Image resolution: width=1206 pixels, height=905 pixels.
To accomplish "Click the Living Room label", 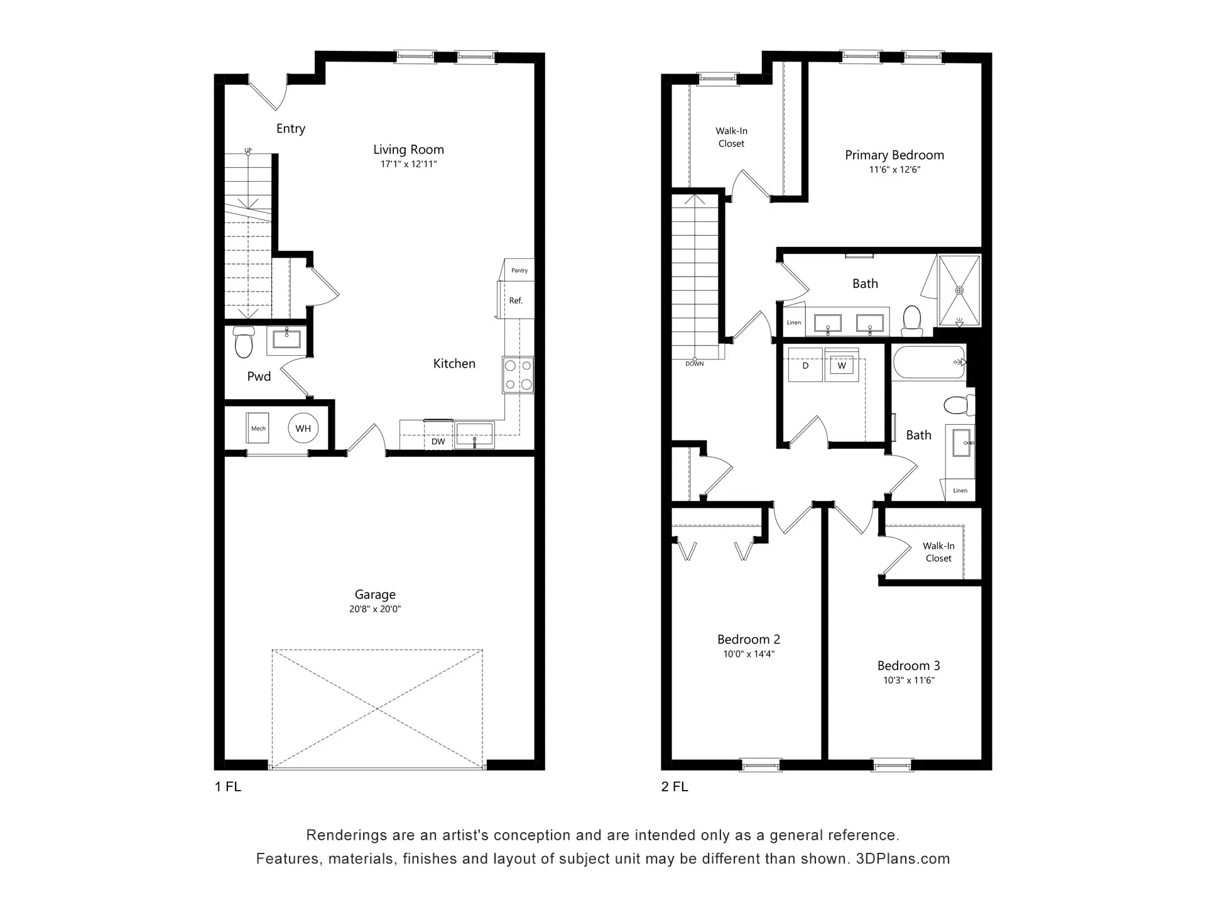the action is click(408, 150).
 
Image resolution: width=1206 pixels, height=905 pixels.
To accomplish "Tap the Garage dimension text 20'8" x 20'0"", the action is click(375, 609).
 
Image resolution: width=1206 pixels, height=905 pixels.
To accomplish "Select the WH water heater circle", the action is click(303, 429).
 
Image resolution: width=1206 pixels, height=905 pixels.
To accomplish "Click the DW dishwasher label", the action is click(438, 442).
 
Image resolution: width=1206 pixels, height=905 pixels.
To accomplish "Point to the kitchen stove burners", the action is click(518, 375).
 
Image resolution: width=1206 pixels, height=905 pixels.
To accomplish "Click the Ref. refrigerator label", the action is click(516, 301).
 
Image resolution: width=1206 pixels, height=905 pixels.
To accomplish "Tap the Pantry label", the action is click(519, 271).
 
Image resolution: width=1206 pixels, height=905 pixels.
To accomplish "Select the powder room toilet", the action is click(243, 343).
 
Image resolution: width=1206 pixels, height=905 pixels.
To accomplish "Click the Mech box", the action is click(258, 429).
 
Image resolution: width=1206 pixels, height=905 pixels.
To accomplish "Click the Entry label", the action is click(291, 129).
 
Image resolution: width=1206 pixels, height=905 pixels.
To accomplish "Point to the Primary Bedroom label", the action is click(894, 155).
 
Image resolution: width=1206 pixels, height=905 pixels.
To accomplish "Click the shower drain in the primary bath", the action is click(959, 290).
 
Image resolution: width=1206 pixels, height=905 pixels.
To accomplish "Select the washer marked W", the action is click(842, 365).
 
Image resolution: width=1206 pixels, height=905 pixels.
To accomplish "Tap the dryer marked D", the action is click(805, 365).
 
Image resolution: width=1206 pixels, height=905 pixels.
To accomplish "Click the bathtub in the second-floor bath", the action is click(929, 363).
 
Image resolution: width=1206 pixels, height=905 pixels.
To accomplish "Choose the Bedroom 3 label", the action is click(909, 666).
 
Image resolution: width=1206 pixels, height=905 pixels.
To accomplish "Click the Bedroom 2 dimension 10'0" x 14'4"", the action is click(749, 654).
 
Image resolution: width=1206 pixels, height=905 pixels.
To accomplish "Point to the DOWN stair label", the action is click(695, 364).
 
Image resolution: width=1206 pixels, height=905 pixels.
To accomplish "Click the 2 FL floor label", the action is click(675, 787).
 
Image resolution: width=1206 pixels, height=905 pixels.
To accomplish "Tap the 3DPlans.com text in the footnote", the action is click(903, 859).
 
